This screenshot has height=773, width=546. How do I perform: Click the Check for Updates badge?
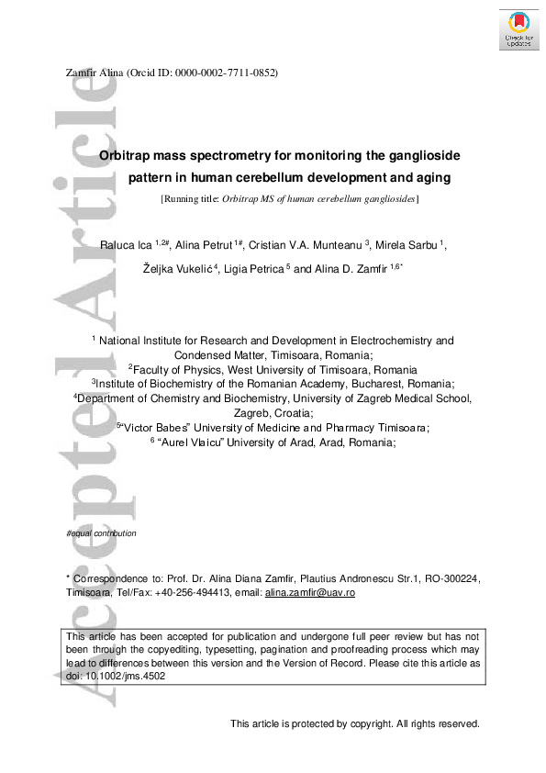[518, 28]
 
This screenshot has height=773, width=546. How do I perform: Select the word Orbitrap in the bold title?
[128, 156]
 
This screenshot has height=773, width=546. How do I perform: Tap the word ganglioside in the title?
[421, 156]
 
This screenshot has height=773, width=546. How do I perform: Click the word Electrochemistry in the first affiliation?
[403, 340]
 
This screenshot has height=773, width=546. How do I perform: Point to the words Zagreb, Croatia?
[273, 413]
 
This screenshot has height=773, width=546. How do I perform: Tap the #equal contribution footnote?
[101, 533]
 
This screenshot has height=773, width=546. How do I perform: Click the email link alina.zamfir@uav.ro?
[309, 594]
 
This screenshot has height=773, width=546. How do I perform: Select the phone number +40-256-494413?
[168, 594]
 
